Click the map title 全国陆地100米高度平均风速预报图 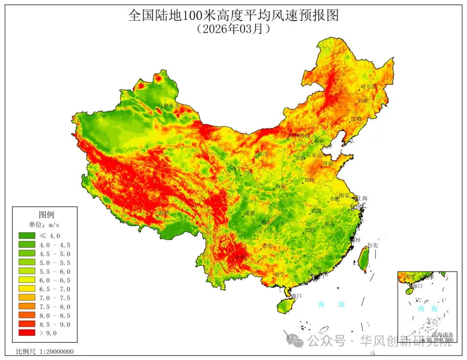coord(233,16)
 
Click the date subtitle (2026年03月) coord(233,29)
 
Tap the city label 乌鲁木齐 coord(168,105)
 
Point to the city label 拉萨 coord(163,213)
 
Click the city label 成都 coord(249,213)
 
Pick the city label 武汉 coord(316,211)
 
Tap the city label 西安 coord(280,186)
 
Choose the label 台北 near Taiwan coord(372,245)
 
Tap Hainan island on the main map coord(285,304)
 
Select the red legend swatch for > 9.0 coord(26,333)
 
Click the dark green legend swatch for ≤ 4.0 coord(26,236)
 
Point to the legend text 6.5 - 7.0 coord(54,289)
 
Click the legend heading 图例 coord(46,215)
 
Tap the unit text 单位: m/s coord(44,225)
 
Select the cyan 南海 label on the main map coord(331,304)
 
